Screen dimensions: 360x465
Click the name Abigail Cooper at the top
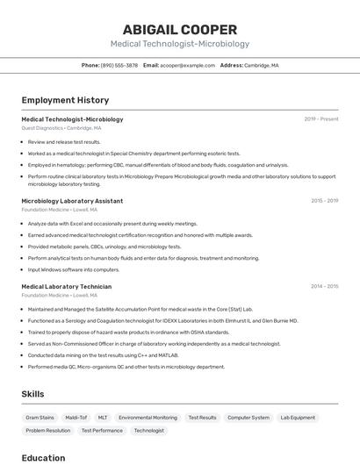tap(180, 29)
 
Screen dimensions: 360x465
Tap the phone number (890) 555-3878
tap(119, 65)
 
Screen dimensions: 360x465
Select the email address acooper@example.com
tap(187, 65)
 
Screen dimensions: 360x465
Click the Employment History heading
tap(65, 100)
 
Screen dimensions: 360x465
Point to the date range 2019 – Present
tap(320, 119)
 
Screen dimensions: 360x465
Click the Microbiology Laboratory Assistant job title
tap(72, 201)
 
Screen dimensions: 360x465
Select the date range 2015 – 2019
tap(324, 201)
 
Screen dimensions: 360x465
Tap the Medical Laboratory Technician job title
tap(67, 287)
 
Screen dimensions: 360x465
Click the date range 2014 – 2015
tap(324, 287)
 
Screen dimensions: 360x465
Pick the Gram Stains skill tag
tap(40, 418)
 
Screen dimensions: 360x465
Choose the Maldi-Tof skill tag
tap(76, 418)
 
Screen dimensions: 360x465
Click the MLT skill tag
tap(103, 418)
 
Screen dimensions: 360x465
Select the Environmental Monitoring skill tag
tap(148, 418)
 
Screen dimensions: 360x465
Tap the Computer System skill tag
tap(248, 418)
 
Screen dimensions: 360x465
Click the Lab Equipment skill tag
tap(298, 418)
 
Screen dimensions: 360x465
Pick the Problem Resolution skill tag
tap(48, 431)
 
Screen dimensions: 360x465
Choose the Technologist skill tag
tap(148, 431)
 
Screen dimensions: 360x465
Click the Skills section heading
tap(32, 394)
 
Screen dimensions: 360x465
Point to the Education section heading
tap(43, 458)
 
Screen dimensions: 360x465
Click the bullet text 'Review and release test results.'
tap(64, 141)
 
